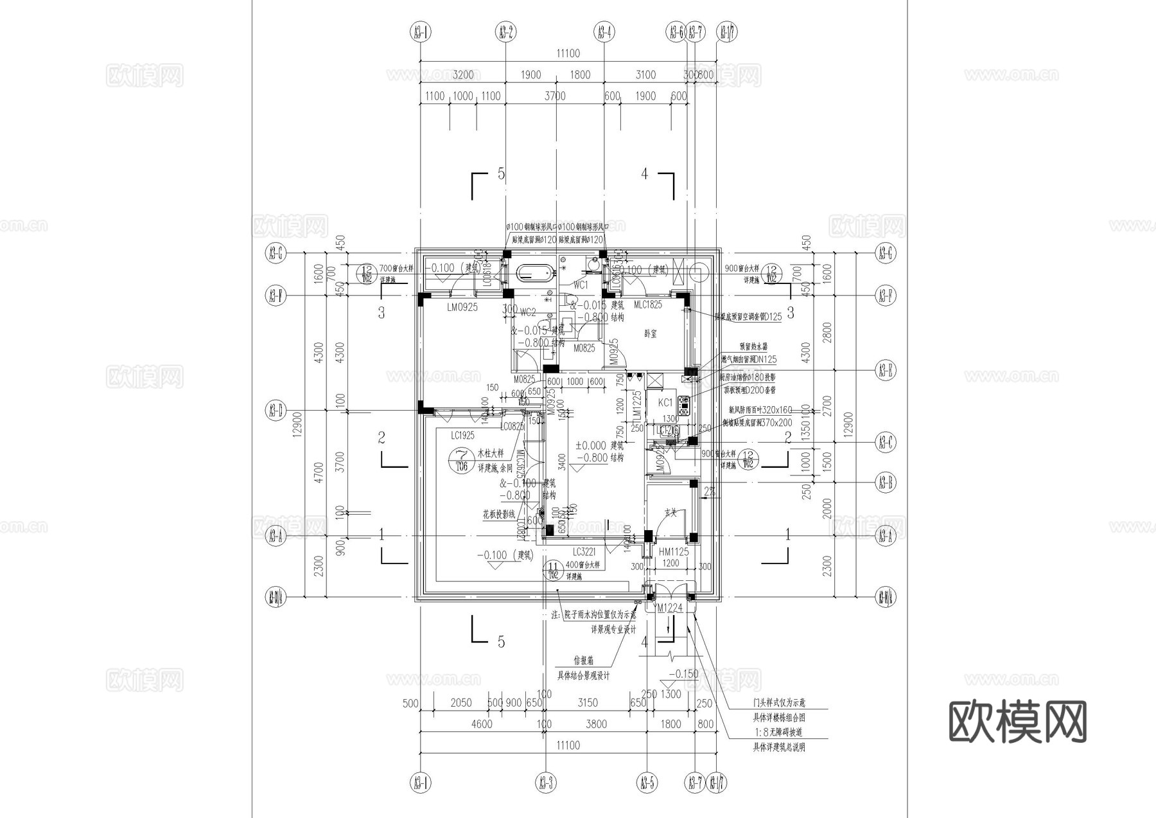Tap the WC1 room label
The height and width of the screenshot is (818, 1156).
tap(580, 285)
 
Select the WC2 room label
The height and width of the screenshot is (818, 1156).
tap(528, 312)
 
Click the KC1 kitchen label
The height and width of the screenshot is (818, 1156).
tap(665, 402)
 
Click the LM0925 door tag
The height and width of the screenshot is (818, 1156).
tap(462, 308)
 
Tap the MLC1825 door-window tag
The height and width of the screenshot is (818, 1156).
tap(647, 304)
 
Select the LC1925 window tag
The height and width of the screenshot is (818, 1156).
tap(462, 435)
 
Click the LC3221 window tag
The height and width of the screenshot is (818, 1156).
tap(584, 551)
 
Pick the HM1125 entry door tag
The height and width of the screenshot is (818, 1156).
tap(673, 551)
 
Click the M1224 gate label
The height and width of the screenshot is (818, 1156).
tap(670, 608)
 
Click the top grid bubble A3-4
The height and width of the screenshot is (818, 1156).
tap(604, 31)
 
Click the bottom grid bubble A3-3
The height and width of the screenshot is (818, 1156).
tap(545, 783)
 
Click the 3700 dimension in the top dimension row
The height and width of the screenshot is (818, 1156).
tap(555, 96)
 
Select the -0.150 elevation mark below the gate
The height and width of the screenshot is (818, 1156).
tap(683, 674)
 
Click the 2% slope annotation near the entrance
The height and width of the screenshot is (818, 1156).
tap(709, 492)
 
